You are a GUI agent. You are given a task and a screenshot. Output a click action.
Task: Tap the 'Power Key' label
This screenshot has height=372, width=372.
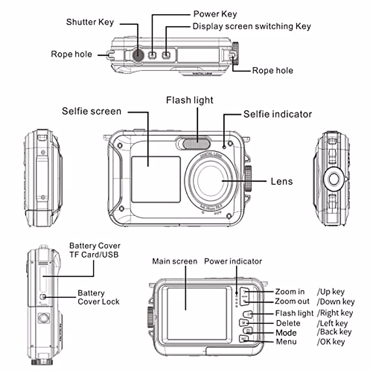point(215,14)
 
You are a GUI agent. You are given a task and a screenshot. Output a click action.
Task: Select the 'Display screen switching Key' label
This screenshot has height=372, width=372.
point(251,26)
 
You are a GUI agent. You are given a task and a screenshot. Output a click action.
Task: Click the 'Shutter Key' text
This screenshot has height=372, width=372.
point(90,22)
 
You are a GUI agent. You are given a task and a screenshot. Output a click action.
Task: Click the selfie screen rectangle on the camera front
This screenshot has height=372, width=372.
point(156,179)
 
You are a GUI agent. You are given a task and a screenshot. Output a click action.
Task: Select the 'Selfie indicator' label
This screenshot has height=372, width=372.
point(277,114)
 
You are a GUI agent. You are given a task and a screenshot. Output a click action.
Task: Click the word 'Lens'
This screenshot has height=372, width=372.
point(281,181)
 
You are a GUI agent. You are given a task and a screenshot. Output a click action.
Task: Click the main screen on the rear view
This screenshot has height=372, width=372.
point(197,313)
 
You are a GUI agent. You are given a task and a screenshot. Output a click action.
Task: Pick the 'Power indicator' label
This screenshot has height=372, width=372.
point(233,261)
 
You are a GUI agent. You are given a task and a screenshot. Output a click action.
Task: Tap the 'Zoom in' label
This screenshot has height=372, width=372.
point(290,292)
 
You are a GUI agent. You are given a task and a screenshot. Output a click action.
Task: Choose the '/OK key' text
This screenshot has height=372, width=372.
point(331,342)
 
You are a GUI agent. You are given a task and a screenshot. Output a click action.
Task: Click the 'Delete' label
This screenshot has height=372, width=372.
point(288,323)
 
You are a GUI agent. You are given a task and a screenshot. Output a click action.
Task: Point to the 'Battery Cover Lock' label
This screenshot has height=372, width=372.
point(98,297)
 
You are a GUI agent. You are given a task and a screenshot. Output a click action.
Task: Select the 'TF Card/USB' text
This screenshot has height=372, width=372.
point(94,255)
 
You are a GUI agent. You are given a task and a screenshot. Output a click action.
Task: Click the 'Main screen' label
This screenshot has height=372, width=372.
point(175,261)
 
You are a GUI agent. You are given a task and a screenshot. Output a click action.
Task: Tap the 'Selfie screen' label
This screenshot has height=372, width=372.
point(91,111)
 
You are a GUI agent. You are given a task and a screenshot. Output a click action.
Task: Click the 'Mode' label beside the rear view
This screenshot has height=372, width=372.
point(286,333)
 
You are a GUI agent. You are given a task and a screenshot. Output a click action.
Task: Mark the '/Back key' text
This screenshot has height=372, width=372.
point(334,332)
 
